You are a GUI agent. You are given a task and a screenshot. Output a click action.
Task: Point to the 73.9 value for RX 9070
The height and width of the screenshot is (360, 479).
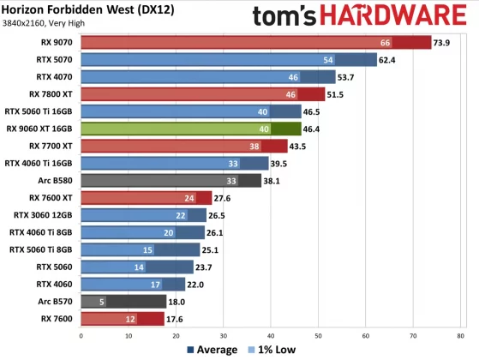point(442,42)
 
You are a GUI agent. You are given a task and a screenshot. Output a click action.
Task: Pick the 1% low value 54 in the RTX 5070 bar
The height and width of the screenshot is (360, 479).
point(327,59)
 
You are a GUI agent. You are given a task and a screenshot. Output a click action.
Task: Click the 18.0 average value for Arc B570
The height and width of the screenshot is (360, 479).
point(177,301)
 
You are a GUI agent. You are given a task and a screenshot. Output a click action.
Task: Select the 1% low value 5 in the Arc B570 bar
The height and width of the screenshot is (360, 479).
point(102,301)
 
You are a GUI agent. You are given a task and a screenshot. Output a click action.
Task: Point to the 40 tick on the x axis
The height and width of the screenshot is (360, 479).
point(271,335)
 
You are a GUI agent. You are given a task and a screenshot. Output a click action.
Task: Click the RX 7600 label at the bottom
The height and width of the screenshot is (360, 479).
point(57,318)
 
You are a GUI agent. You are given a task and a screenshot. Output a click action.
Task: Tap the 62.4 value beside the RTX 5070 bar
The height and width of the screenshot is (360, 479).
point(388,59)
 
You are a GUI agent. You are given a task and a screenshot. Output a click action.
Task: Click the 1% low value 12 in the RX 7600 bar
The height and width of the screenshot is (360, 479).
point(130,318)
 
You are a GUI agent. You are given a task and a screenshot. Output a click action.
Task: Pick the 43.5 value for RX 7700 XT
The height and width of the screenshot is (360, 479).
point(298,146)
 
